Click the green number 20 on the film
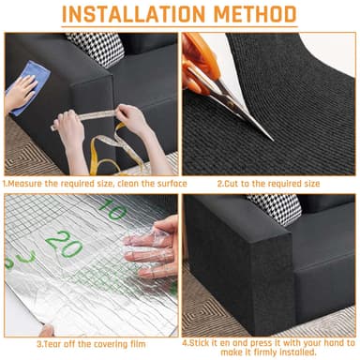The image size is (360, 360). pos(63,246)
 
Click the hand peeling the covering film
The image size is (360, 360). pos(154,248)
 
